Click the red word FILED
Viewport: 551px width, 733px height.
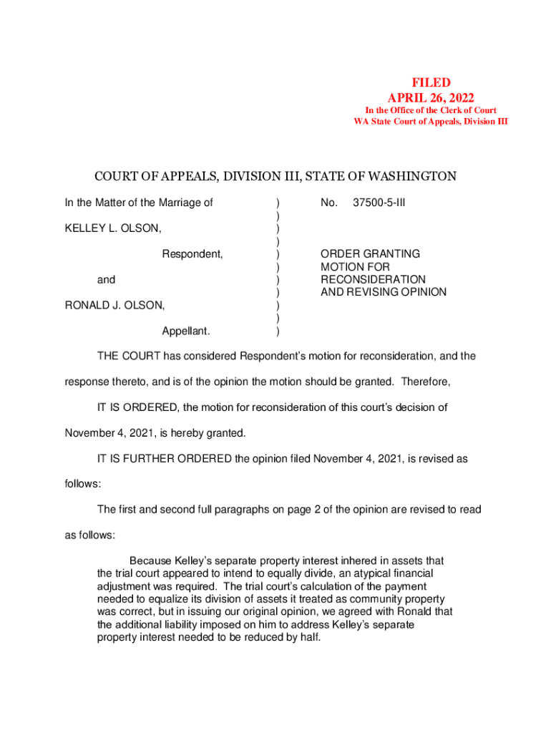pos(430,84)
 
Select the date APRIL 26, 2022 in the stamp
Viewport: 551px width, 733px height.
pos(430,97)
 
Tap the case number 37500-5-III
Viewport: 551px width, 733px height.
pos(379,203)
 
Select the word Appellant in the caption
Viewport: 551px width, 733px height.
pos(186,331)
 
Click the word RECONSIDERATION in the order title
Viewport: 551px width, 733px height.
pos(373,279)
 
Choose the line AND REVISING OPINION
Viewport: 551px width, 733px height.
pos(383,292)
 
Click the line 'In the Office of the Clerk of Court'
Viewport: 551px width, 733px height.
pos(430,110)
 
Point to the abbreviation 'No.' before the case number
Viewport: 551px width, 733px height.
pos(329,203)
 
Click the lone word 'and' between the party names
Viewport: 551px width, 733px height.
pos(106,279)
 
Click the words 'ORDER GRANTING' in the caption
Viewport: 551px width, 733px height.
pos(370,254)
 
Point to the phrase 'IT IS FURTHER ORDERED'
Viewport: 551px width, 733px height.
pos(165,458)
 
